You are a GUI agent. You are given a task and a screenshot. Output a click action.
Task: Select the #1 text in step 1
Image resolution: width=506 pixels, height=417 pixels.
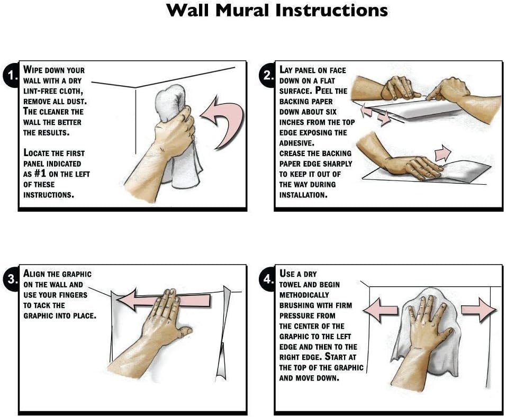coord(40,174)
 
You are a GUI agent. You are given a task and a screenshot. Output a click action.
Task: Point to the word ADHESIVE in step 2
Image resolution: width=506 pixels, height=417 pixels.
coord(296,143)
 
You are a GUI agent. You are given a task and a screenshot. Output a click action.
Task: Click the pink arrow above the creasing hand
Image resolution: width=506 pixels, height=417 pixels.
coord(442,153)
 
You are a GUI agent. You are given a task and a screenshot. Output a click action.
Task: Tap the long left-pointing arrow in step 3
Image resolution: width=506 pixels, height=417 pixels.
coord(164,299)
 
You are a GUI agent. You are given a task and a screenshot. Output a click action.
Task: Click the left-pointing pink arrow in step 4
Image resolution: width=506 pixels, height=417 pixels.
coord(380,310)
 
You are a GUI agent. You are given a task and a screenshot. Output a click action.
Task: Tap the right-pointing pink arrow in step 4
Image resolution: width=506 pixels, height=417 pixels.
coord(479,310)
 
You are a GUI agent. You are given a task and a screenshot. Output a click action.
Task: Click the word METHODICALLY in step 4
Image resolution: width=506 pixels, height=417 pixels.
coord(304,295)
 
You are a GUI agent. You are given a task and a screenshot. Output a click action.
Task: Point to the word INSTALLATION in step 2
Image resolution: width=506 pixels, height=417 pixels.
coord(303,195)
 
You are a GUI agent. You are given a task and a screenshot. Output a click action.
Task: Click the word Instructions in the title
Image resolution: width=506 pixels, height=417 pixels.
coord(331,11)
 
